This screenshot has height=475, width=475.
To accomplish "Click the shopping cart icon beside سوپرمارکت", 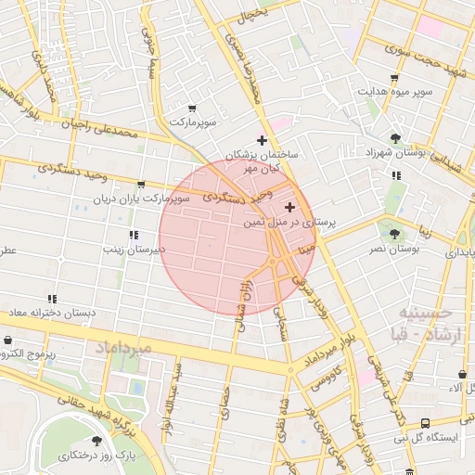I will (x=192, y=109).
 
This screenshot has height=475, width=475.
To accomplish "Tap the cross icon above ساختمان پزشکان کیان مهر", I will (x=263, y=139).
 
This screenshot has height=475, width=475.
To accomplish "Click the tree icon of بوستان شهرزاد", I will (x=396, y=138).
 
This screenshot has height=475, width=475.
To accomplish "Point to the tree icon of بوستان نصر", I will (x=396, y=235).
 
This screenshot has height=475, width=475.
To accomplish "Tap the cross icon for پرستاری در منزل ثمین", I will (x=290, y=207).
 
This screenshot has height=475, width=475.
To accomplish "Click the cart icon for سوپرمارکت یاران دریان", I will (x=141, y=184).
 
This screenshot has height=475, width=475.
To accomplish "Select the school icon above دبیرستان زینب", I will (x=134, y=235).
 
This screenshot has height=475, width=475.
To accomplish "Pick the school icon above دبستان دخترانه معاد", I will (x=53, y=298).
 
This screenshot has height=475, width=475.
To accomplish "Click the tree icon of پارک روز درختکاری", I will (x=97, y=441).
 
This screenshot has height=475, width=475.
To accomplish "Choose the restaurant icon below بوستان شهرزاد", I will (x=396, y=174).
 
